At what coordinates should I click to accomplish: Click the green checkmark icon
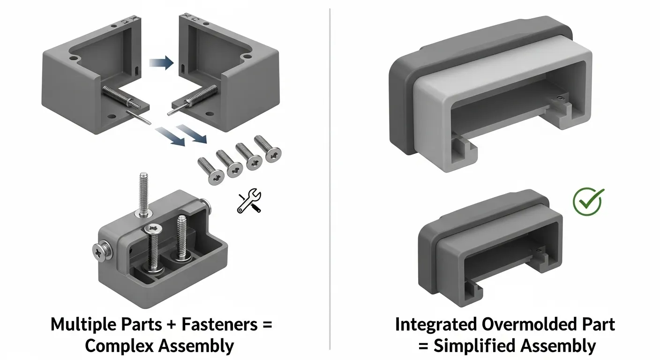(x=588, y=201)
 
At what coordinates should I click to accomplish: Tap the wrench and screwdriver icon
(x=249, y=201)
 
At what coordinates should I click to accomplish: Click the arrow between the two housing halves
(x=161, y=63)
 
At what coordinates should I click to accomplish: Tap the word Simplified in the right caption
(x=483, y=346)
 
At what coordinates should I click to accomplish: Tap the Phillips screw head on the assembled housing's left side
(x=99, y=252)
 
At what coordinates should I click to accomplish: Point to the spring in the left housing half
(x=115, y=96)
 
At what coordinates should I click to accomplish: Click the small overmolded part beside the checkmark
(x=490, y=248)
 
